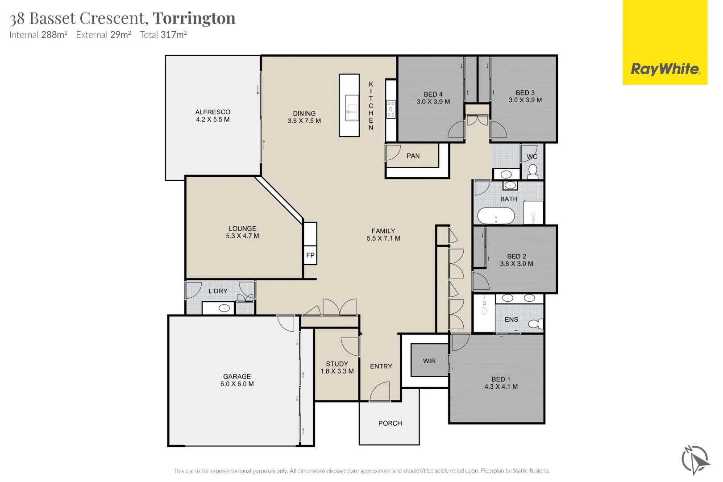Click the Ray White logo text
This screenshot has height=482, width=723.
click(665, 69)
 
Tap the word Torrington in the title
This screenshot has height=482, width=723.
click(194, 18)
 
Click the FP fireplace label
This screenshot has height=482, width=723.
click(310, 255)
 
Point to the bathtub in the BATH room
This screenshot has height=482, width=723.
click(496, 216)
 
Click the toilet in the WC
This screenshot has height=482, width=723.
click(533, 170)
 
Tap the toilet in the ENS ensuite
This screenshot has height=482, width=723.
click(535, 324)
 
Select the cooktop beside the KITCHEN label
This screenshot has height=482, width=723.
click(391, 109)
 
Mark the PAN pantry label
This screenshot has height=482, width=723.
click(413, 156)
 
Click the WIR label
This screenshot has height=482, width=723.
click(429, 361)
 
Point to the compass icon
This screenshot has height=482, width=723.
click(694, 460)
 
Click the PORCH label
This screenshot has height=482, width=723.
click(390, 423)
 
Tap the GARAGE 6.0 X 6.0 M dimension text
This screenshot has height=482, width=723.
click(237, 384)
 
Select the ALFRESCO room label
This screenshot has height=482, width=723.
click(213, 112)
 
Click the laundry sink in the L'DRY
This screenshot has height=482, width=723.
click(224, 308)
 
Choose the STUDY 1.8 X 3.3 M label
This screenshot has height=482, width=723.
click(337, 367)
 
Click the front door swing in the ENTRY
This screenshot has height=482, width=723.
click(380, 392)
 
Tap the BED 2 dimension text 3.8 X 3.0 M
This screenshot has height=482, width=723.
click(516, 264)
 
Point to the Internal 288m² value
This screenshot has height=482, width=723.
click(54, 35)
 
